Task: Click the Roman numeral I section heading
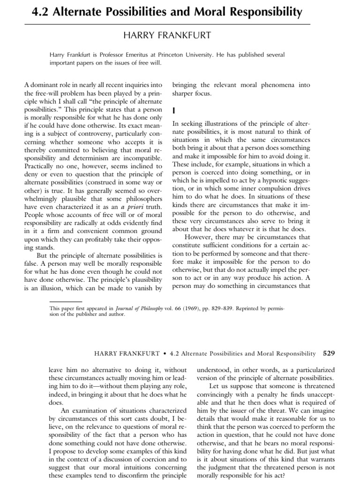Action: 174,111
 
